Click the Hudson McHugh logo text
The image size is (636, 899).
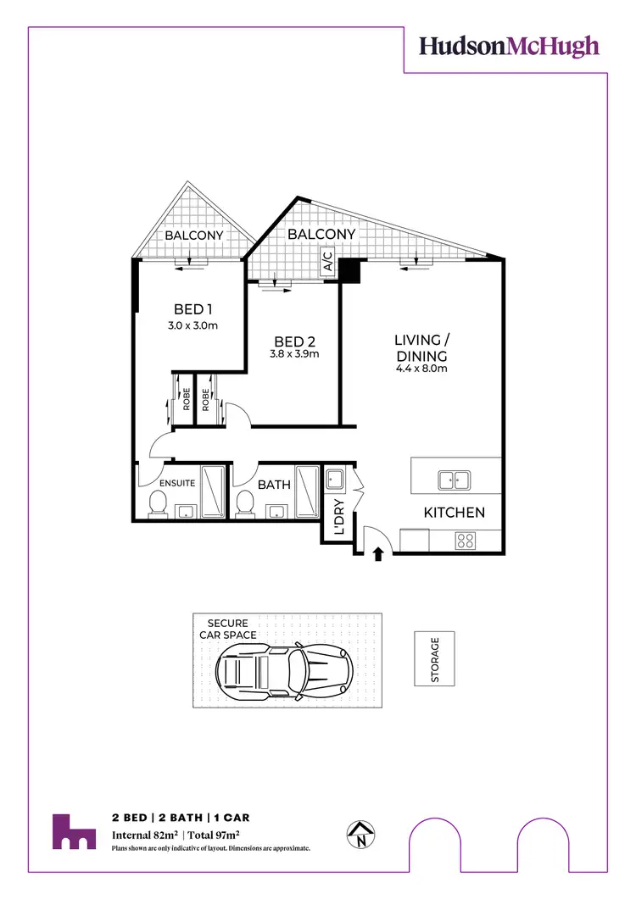(x=509, y=47)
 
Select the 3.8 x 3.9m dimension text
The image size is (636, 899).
(x=293, y=354)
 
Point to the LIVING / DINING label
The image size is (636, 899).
(x=421, y=348)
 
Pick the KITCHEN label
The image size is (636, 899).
(x=455, y=513)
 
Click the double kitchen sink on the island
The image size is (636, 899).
(x=455, y=480)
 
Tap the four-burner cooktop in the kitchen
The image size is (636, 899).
(x=466, y=539)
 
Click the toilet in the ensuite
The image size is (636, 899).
(x=157, y=504)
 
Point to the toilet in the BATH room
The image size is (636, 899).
(x=245, y=503)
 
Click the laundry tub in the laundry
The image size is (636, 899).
(x=333, y=480)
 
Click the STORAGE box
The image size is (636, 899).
(x=435, y=658)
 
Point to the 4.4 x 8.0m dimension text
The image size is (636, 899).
(x=421, y=369)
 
